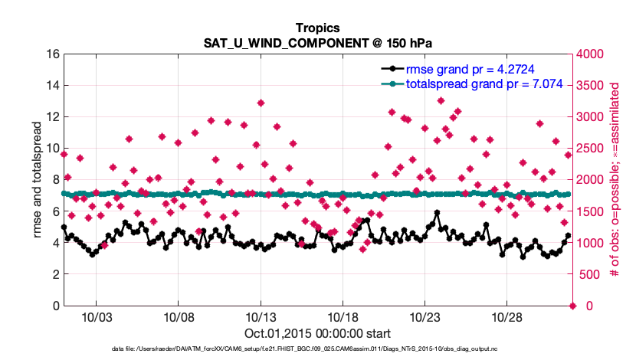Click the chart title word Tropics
coord(317,28)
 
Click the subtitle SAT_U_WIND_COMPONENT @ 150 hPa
coord(317,43)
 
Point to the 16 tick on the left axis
coord(53,54)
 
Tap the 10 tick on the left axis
coord(53,149)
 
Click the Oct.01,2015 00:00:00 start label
coord(317,334)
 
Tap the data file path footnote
coord(317,349)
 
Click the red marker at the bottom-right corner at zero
coord(572,306)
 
